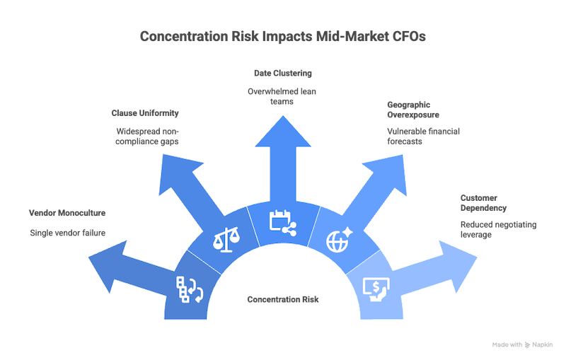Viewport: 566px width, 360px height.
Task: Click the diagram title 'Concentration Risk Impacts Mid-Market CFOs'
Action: click(283, 37)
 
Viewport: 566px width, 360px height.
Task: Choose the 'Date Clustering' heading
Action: click(283, 73)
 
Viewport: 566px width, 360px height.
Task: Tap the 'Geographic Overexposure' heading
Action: click(414, 109)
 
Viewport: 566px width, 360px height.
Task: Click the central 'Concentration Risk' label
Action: click(283, 300)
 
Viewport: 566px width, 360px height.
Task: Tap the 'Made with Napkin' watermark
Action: click(522, 344)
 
